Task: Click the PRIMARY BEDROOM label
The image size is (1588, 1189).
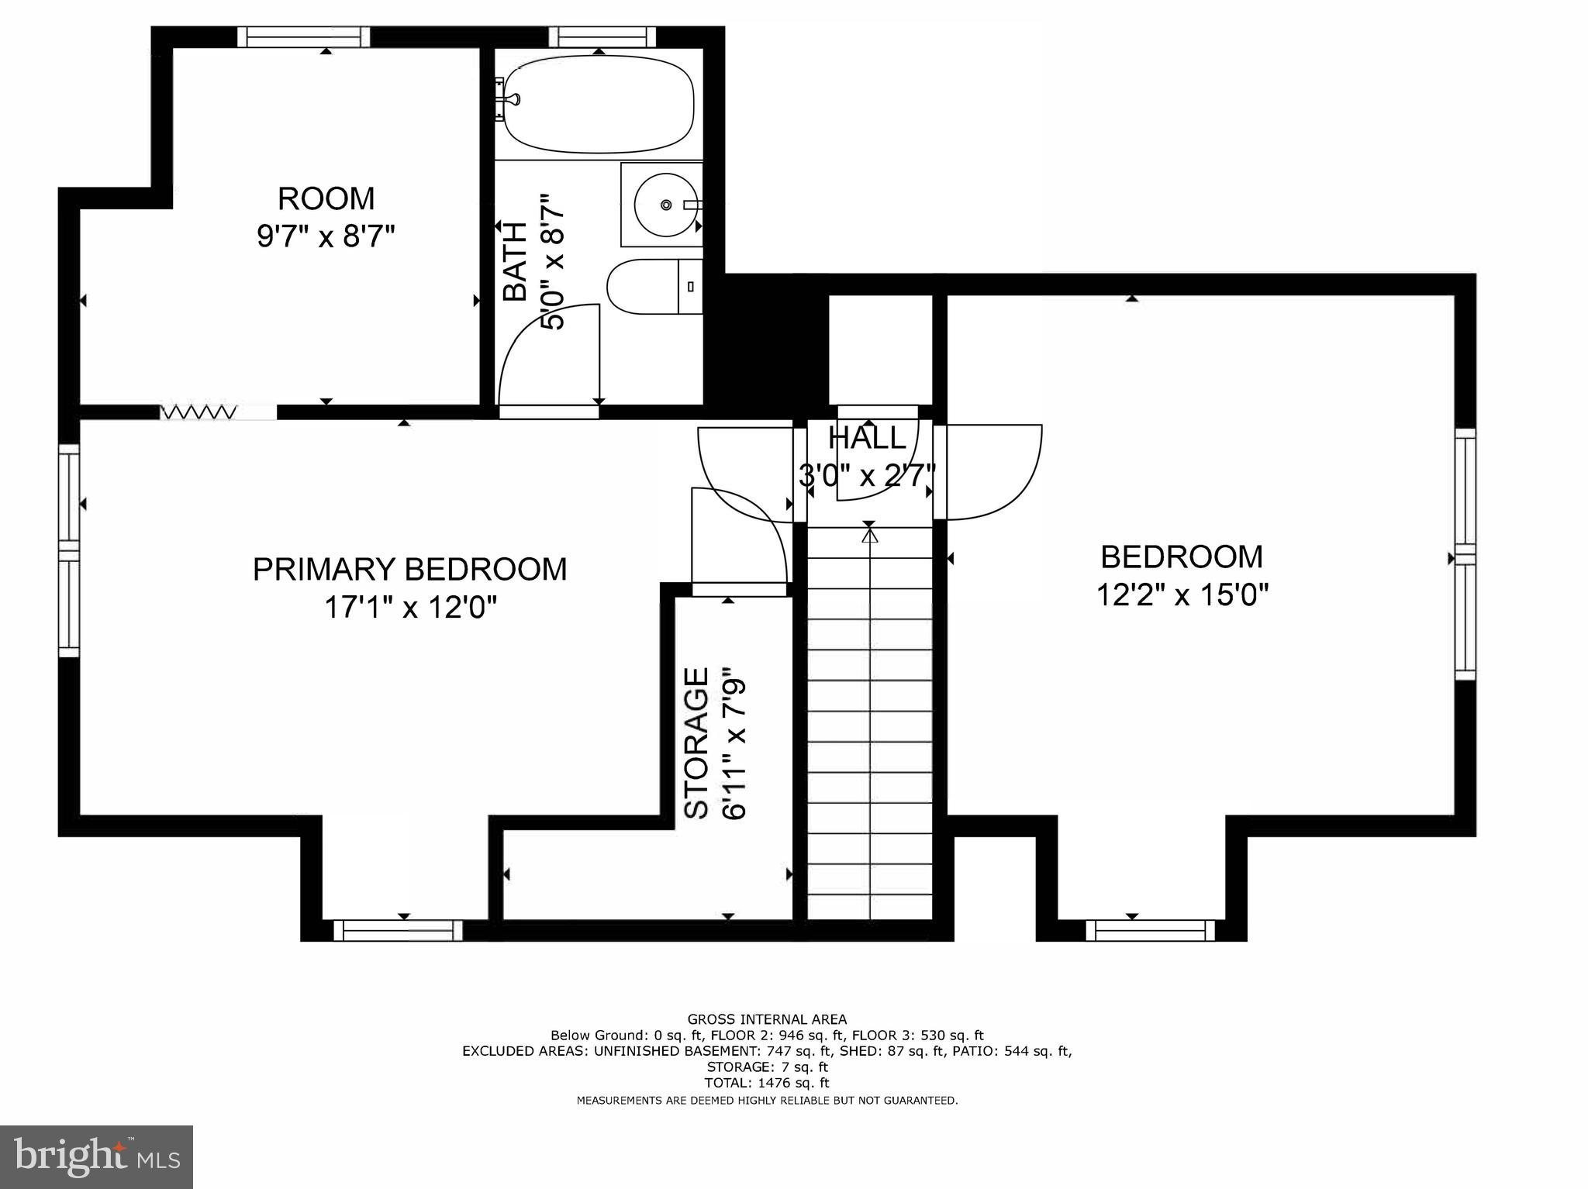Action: [x=409, y=569]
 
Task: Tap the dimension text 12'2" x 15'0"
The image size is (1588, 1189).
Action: [x=1182, y=595]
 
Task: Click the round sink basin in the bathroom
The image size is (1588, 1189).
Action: [x=665, y=205]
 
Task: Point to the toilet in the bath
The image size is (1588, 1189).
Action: [x=653, y=286]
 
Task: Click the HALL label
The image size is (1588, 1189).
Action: [x=867, y=439]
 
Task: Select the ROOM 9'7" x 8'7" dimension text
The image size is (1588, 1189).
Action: [x=326, y=236]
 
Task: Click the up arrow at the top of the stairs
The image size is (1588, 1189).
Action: [x=869, y=535]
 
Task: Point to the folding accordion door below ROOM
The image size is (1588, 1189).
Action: [x=198, y=412]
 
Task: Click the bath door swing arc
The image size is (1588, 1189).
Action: [x=547, y=357]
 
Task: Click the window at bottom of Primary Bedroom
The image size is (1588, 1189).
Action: [x=398, y=930]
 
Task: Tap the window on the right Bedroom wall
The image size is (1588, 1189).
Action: [x=1464, y=553]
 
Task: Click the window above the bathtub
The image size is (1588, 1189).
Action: [x=602, y=36]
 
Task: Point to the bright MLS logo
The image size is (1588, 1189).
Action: [x=96, y=1156]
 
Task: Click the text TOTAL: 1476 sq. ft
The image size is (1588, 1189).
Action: [x=766, y=1083]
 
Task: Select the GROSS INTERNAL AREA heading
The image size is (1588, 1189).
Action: [x=766, y=1019]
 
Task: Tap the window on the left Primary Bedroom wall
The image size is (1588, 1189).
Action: [x=69, y=550]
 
